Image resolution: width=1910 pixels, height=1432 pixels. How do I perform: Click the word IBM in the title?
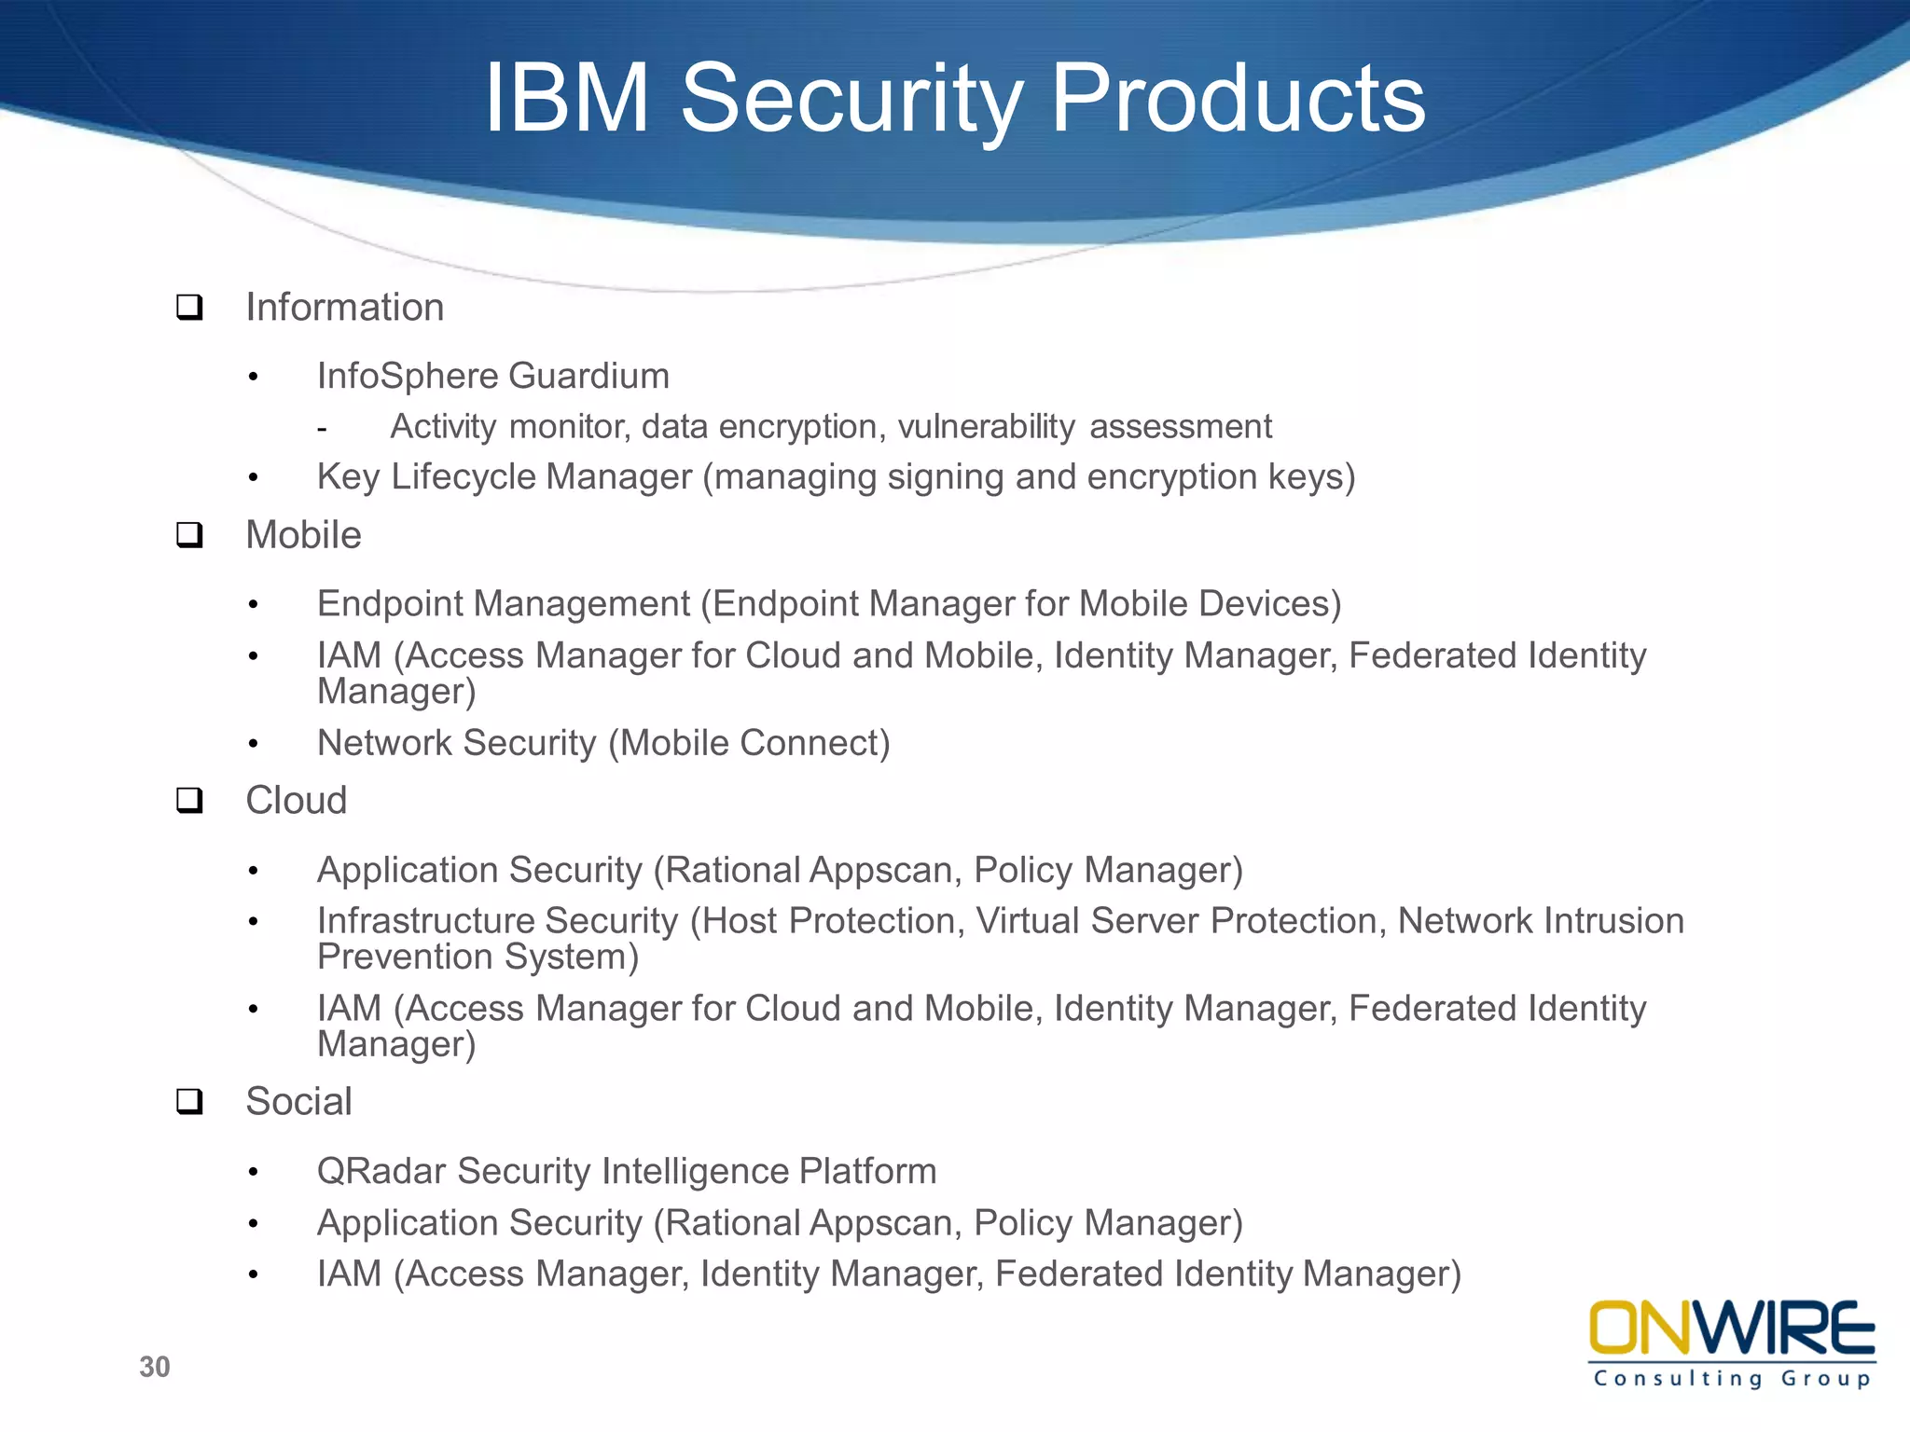566,99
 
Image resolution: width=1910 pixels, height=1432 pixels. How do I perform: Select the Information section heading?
344,308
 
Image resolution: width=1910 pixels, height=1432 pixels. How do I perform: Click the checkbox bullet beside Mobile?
189,535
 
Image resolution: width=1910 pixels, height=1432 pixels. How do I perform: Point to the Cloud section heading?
296,801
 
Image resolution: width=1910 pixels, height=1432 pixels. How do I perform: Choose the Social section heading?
298,1102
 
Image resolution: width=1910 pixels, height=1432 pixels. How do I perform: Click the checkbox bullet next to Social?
189,1102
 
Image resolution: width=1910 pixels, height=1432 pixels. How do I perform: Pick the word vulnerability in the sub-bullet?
986,427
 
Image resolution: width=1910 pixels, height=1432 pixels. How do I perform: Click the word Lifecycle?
464,477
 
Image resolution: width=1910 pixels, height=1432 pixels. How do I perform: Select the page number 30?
155,1367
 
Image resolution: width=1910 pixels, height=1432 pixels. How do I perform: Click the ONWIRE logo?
1731,1329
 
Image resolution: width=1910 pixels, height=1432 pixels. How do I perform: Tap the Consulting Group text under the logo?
1731,1379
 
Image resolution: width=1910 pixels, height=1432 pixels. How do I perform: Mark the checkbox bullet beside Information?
189,308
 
